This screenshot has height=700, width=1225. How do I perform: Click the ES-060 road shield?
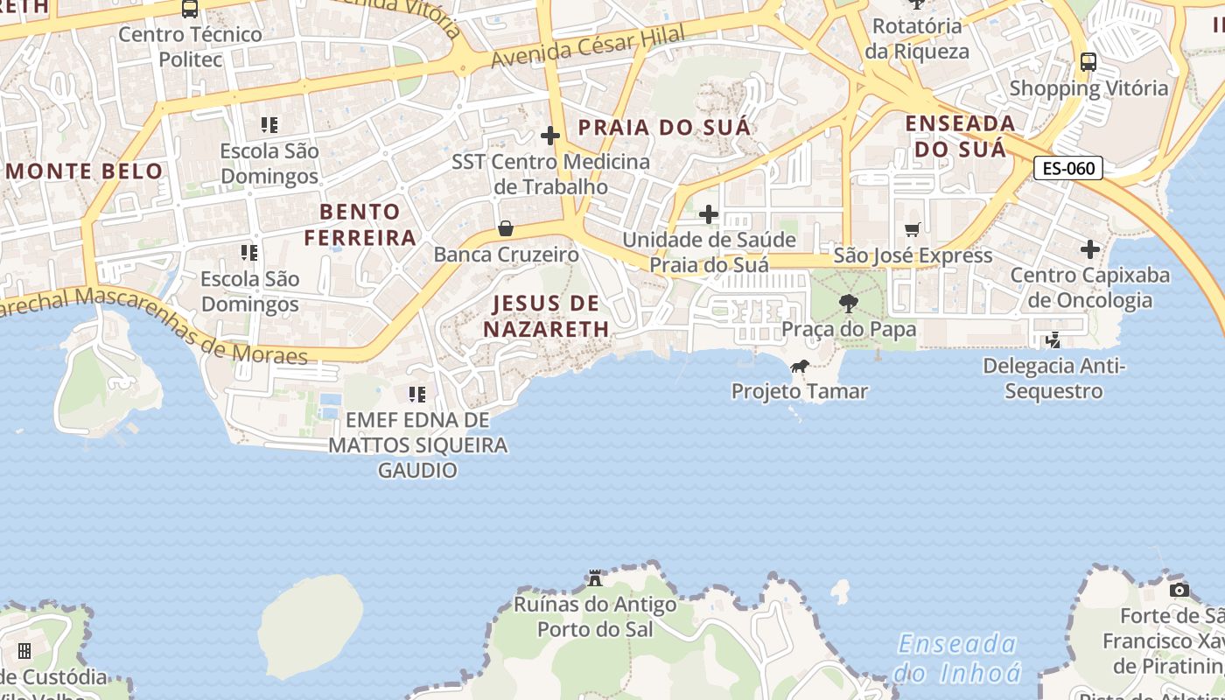tap(1068, 168)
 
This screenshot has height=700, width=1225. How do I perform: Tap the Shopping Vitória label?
tap(1088, 88)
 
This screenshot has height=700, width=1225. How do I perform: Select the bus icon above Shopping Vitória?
tap(1088, 62)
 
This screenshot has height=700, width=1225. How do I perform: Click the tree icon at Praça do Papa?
tap(848, 304)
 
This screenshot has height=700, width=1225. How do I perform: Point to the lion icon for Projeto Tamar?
tap(799, 367)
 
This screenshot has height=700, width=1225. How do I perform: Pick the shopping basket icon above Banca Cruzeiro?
tap(506, 229)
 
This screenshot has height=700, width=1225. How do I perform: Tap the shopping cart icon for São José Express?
tap(913, 229)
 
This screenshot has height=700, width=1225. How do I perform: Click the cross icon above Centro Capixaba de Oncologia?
tap(1089, 250)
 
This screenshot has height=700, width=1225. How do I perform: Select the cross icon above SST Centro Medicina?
tap(550, 136)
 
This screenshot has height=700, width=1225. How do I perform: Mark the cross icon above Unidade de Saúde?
tap(709, 214)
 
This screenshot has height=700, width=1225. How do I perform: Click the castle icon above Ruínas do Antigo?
tap(595, 578)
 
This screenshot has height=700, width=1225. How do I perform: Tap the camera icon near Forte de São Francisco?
tap(1179, 590)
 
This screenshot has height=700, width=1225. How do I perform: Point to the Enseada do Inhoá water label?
tap(957, 658)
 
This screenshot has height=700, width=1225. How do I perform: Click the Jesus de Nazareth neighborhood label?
tap(547, 316)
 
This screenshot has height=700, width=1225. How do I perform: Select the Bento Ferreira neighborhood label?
tap(360, 224)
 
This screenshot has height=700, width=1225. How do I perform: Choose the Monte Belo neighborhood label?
tap(84, 171)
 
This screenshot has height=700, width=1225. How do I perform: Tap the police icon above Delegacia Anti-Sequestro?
tap(1054, 339)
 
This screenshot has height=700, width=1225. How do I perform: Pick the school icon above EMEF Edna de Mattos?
tap(417, 395)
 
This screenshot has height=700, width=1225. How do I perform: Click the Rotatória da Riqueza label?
tap(917, 38)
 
